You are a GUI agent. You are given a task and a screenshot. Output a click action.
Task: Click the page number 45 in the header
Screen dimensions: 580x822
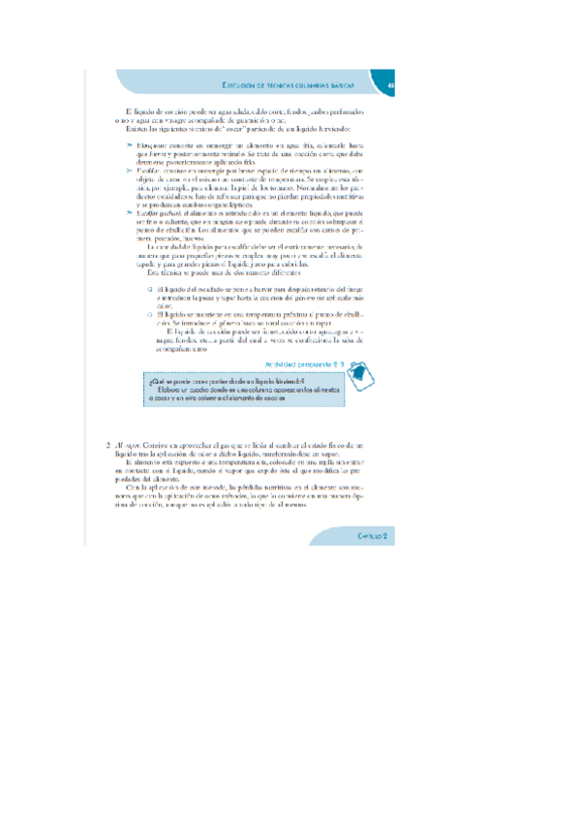(x=392, y=84)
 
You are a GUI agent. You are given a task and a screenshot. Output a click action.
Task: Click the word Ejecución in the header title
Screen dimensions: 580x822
(x=239, y=84)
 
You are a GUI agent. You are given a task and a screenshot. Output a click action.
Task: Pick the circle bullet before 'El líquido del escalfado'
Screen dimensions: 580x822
(x=149, y=290)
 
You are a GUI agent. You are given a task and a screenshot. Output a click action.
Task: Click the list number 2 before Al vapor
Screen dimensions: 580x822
(x=109, y=447)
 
